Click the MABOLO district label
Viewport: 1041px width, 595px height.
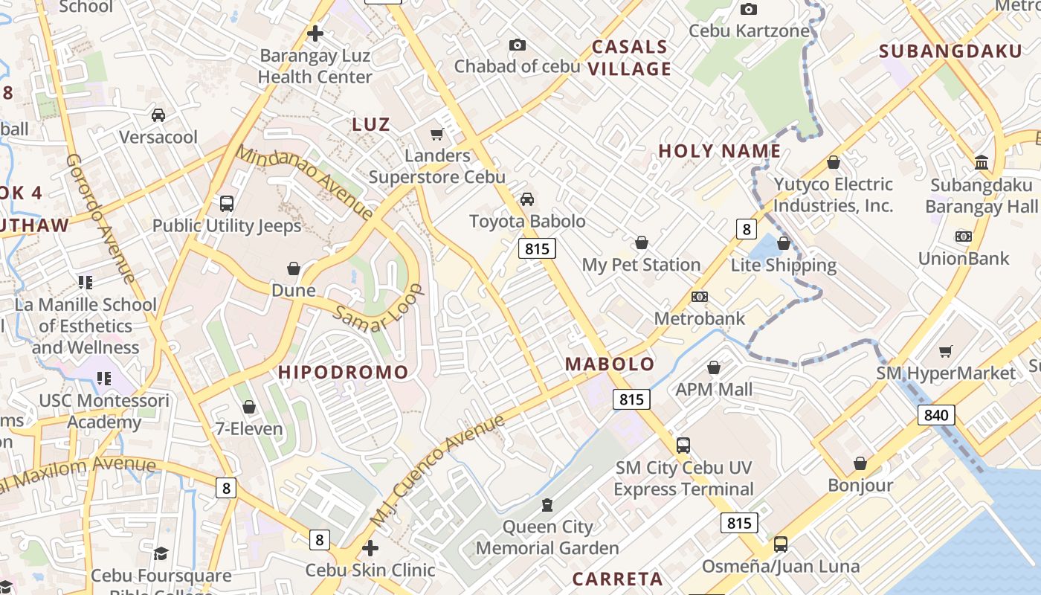[x=610, y=364]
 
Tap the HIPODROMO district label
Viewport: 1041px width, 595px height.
[x=343, y=373]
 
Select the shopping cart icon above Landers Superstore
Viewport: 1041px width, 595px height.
[x=437, y=134]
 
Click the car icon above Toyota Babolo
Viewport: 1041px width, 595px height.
[x=527, y=199]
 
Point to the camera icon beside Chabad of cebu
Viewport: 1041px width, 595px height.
[x=518, y=45]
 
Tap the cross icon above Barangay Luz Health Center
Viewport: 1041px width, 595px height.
[x=315, y=33]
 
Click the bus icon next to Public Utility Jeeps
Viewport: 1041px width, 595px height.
[x=227, y=203]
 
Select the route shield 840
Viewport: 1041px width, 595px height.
[x=935, y=414]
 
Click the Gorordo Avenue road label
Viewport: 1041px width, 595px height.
[x=100, y=219]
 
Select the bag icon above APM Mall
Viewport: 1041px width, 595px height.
[x=714, y=367]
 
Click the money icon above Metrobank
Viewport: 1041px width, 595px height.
[x=699, y=297]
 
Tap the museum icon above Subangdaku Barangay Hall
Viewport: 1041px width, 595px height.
[x=982, y=163]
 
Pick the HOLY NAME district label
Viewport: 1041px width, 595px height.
[x=719, y=152]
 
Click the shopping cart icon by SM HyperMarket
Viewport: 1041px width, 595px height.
[x=946, y=351]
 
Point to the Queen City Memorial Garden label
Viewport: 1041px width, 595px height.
[x=547, y=538]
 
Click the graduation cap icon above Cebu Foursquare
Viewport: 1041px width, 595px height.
[x=161, y=553]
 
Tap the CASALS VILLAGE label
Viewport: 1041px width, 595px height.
[x=631, y=58]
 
